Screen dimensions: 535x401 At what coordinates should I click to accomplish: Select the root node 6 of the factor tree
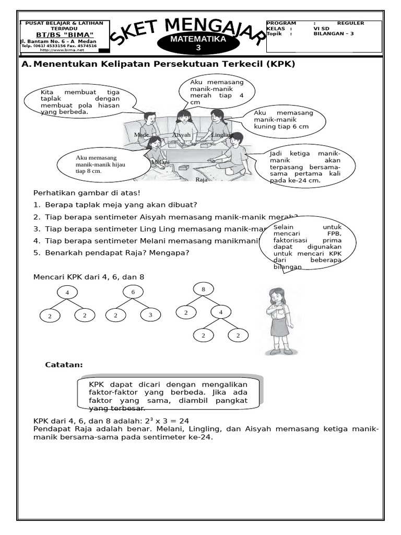tap(133, 292)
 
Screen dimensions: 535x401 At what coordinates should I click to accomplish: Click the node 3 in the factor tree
tap(150, 315)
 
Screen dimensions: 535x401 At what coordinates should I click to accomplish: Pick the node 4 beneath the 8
tap(220, 312)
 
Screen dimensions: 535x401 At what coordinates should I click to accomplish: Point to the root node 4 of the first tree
tap(67, 292)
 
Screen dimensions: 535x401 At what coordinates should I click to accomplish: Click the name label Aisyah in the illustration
tap(182, 135)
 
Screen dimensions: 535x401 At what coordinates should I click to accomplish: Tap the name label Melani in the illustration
tap(161, 162)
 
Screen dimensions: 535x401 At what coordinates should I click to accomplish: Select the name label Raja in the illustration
tap(202, 179)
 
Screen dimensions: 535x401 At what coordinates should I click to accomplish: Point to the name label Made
tap(141, 135)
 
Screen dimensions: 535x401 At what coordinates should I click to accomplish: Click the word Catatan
tap(64, 365)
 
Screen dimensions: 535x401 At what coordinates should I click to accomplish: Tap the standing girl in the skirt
tap(277, 321)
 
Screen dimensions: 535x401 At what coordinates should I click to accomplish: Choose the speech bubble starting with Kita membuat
tap(80, 102)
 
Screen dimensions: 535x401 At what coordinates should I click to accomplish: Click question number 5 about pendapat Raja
tap(111, 253)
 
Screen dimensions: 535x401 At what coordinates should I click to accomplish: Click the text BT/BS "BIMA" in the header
tap(65, 34)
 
